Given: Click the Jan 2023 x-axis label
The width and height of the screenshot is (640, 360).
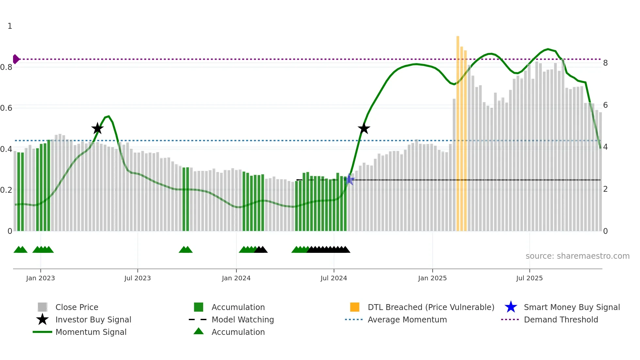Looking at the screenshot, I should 40,278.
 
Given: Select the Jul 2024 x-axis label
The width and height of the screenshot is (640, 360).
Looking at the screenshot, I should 334,278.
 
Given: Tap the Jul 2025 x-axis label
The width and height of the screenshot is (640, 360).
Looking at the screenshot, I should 529,278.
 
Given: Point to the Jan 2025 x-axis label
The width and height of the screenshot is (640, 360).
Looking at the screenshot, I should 432,278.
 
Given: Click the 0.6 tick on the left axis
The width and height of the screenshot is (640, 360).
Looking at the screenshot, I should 6,108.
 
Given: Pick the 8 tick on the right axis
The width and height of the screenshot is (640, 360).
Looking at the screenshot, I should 605,63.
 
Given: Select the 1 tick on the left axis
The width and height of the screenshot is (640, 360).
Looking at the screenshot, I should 10,26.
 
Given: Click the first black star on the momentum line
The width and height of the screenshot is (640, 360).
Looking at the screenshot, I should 97,128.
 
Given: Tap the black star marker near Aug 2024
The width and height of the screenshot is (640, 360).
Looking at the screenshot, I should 364,128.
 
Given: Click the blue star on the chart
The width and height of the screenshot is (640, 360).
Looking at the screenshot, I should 349,180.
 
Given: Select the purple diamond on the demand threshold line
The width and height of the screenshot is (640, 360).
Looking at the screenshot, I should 16,59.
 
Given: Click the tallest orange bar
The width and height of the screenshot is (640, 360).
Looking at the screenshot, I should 458,131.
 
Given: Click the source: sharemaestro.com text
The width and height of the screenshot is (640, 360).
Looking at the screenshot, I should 577,256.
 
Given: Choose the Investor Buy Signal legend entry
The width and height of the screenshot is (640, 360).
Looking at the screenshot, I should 93,319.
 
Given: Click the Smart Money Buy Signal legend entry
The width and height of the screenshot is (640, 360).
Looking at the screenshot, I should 571,307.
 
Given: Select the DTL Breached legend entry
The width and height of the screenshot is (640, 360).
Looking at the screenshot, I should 431,307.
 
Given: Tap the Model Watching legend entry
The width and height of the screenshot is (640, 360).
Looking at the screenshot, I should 243,319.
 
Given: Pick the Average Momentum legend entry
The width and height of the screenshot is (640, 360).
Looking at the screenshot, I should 407,319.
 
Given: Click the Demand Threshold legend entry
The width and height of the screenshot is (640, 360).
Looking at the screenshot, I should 561,319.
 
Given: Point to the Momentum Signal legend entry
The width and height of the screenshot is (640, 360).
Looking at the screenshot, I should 91,332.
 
